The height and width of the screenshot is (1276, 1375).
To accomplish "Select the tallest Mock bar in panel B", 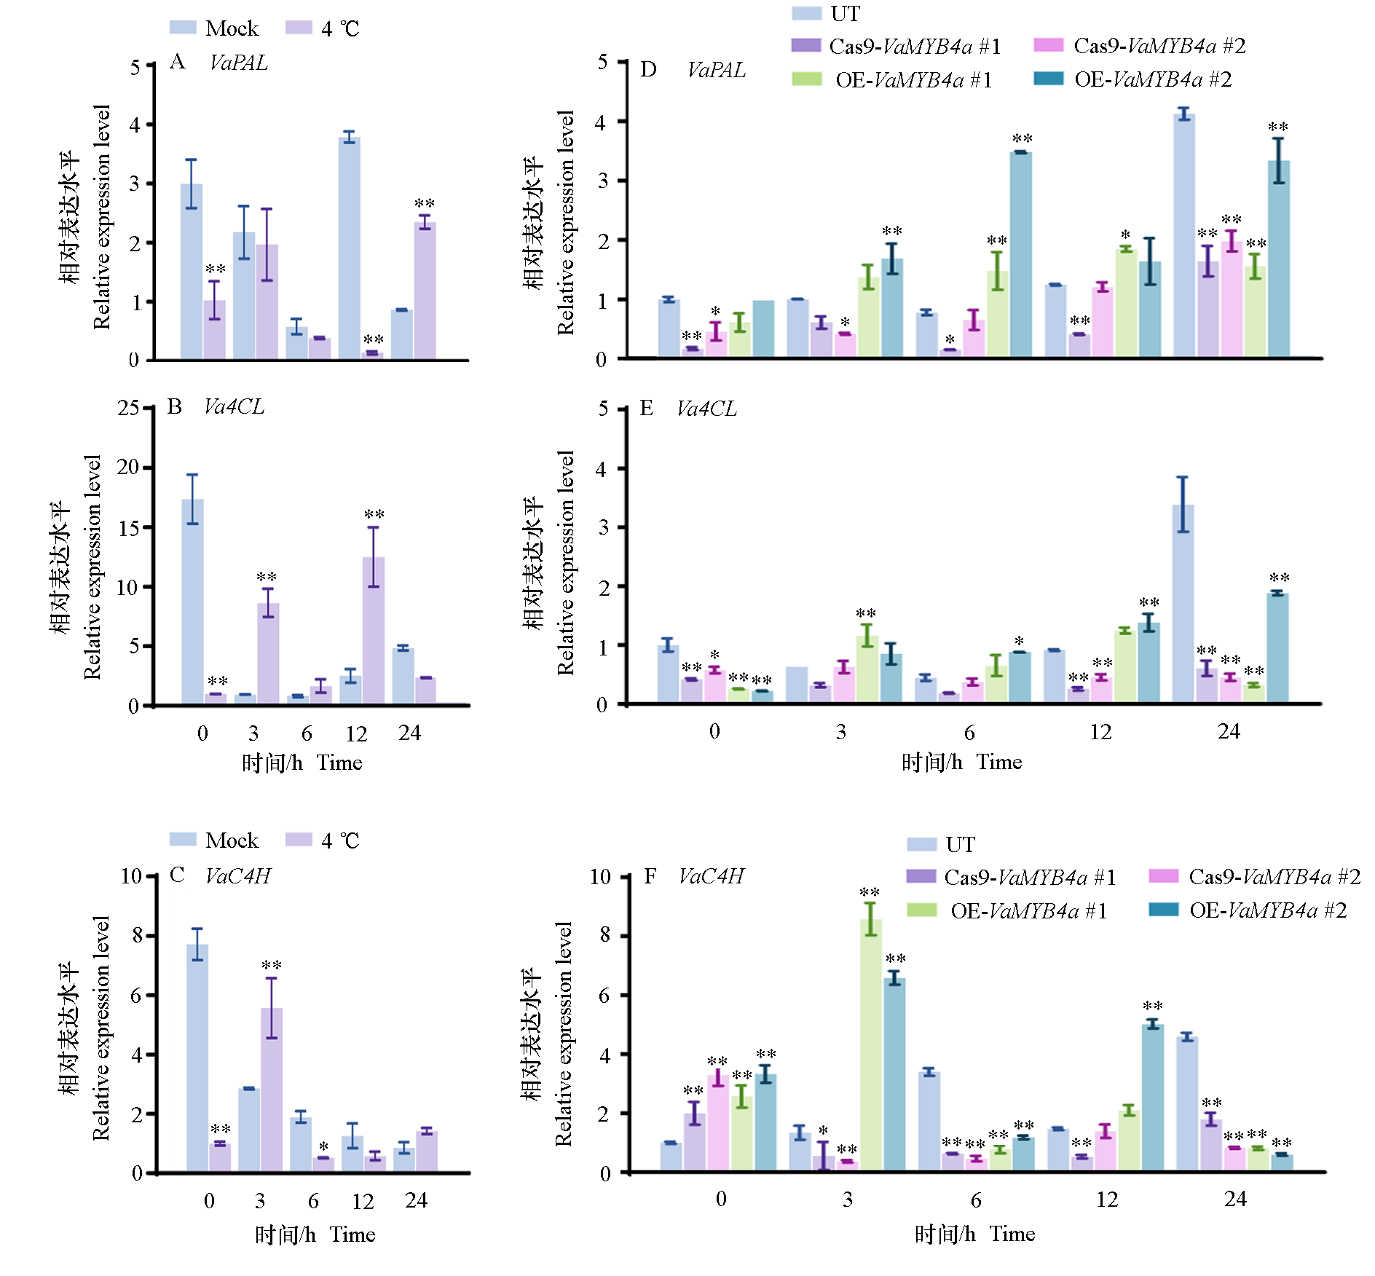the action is [192, 602].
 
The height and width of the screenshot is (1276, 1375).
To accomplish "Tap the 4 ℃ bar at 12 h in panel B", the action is [374, 631].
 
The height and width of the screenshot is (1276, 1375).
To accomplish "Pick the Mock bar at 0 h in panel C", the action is [197, 1058].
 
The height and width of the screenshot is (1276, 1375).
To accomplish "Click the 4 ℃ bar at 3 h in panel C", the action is [272, 1090].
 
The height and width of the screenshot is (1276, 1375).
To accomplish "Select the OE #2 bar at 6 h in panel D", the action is [1021, 254].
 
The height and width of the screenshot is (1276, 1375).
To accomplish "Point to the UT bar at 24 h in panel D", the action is [1184, 235].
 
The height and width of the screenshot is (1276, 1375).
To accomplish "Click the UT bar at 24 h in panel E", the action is [1183, 604].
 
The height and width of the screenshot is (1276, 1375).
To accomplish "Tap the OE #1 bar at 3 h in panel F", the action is [871, 1046].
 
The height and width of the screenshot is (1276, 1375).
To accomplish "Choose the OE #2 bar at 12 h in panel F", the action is [1153, 1098].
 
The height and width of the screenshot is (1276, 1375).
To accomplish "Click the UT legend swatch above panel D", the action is [806, 13].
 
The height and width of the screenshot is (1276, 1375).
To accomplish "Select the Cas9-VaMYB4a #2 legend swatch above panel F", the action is [1163, 876].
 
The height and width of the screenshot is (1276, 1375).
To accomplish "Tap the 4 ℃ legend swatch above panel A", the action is [299, 28].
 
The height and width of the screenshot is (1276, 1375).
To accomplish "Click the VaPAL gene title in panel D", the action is [717, 70].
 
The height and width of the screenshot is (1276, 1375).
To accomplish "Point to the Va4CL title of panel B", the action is [234, 406].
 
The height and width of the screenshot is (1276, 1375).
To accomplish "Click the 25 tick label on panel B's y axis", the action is [128, 408].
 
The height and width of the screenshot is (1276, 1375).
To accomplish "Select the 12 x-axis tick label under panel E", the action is [1100, 732].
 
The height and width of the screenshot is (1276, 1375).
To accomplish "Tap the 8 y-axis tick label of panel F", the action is [605, 935].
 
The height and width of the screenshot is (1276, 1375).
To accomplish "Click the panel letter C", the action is [177, 875].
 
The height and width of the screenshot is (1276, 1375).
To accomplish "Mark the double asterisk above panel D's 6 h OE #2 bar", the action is [1022, 138].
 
